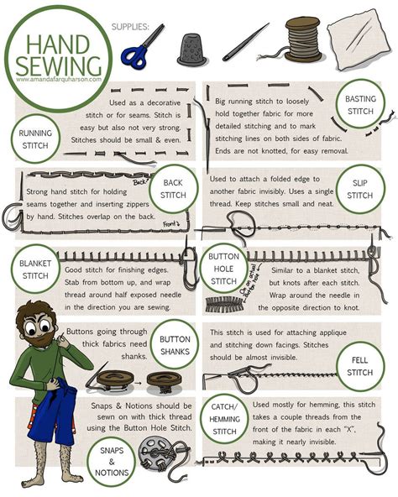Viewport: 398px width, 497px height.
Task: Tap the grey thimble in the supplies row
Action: click(x=192, y=49)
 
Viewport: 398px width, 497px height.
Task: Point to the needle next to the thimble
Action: click(x=245, y=42)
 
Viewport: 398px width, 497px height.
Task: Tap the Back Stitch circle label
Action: click(x=173, y=189)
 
